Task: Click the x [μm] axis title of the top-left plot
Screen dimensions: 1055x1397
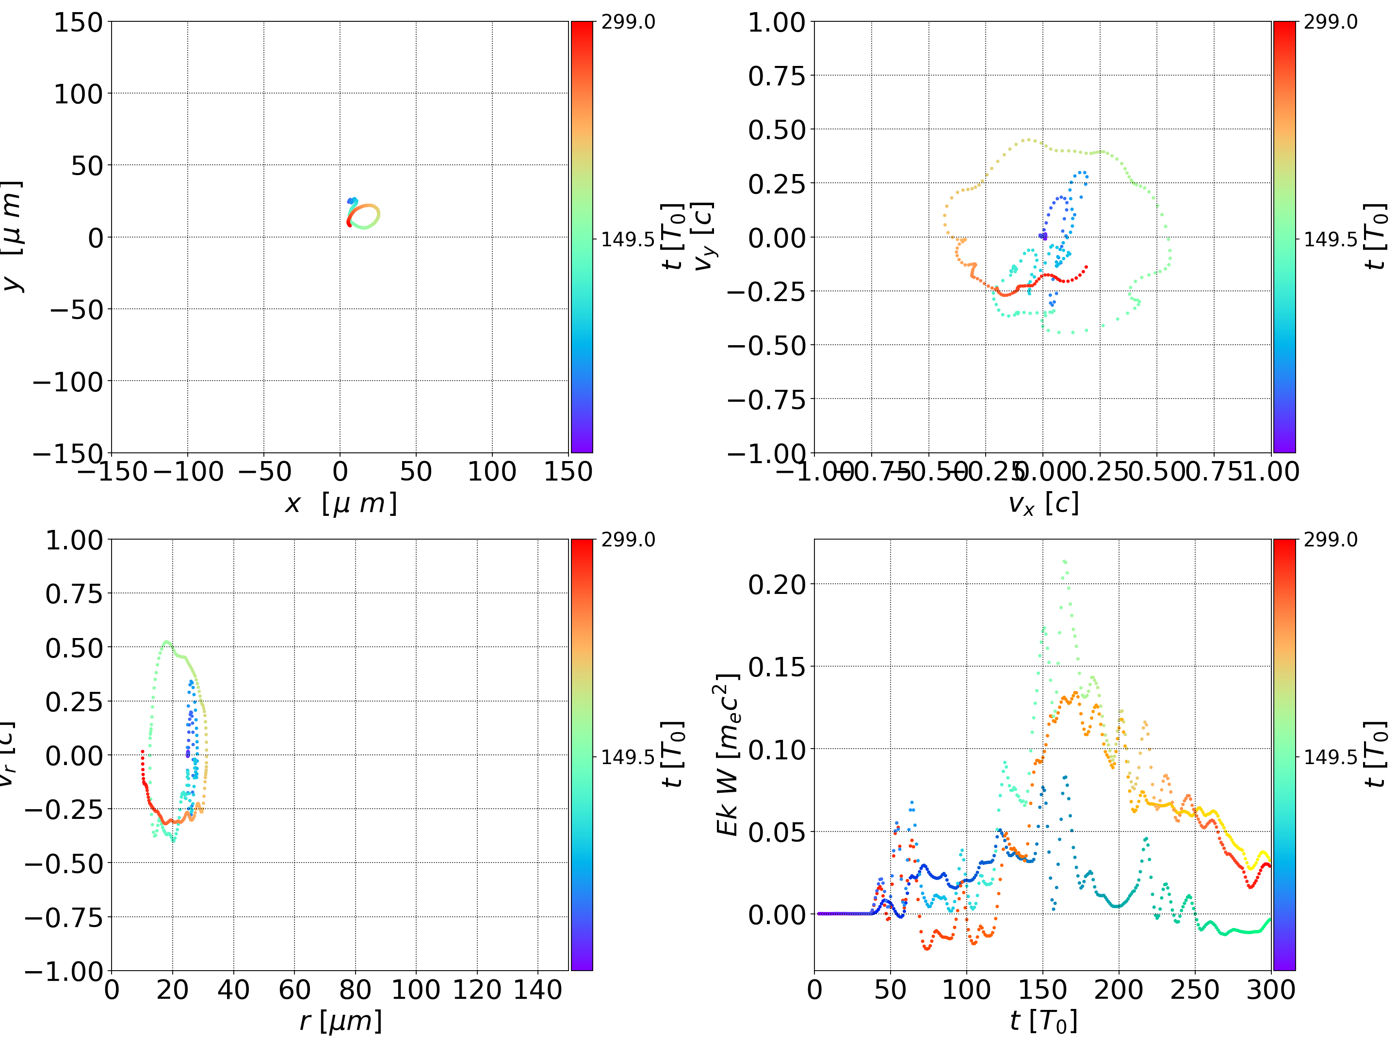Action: click(341, 503)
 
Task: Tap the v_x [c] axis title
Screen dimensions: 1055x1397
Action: click(1043, 503)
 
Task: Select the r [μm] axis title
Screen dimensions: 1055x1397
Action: click(341, 1021)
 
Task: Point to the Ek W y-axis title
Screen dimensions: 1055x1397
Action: click(728, 754)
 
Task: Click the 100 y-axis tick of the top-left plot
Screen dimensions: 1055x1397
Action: click(78, 94)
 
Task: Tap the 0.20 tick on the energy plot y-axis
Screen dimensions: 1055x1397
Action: click(777, 584)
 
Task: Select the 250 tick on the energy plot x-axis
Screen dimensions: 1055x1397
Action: click(1194, 990)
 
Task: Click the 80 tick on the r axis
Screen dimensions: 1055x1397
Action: click(355, 990)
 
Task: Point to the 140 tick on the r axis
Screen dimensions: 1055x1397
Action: click(537, 990)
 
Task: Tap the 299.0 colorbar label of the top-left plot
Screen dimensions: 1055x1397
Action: click(628, 22)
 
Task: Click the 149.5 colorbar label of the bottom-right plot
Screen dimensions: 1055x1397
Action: click(1330, 756)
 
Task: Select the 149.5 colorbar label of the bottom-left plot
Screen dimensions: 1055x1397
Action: click(628, 756)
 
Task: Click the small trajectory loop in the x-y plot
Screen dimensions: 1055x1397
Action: click(363, 215)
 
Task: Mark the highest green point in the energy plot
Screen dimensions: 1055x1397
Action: click(1065, 560)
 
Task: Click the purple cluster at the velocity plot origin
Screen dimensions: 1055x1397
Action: click(1043, 236)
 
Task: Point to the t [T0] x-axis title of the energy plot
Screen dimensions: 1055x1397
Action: click(1043, 1021)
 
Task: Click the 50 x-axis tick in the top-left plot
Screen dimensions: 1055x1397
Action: click(416, 472)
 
